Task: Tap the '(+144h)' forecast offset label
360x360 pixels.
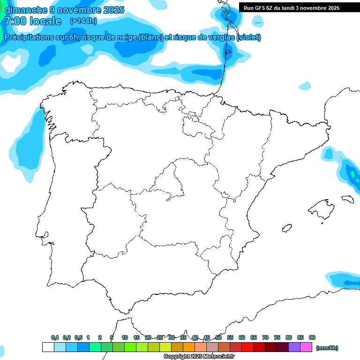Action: tap(83, 21)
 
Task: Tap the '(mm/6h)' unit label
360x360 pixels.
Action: tap(327, 348)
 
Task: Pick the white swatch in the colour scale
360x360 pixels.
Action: tap(48, 347)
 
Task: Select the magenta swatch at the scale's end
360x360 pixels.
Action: tap(306, 347)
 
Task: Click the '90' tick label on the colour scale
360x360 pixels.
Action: tap(312, 337)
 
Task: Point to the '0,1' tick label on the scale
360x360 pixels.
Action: tap(55, 337)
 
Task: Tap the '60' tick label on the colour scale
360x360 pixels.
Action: tap(242, 337)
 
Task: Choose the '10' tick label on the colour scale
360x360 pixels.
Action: tap(125, 337)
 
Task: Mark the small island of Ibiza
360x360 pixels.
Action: tap(286, 228)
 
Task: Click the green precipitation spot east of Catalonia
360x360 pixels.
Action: tap(352, 174)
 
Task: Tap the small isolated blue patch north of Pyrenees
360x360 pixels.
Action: tap(305, 86)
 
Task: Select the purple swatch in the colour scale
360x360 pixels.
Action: tap(294, 347)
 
